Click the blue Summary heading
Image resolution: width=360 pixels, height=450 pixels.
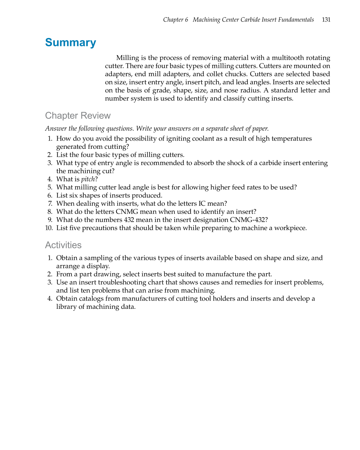pyautogui.click(x=70, y=43)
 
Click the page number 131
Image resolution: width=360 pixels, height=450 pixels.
pyautogui.click(x=326, y=20)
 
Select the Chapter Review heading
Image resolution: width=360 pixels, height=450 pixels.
pyautogui.click(x=78, y=116)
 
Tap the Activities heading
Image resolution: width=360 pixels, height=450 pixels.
pyautogui.click(x=63, y=245)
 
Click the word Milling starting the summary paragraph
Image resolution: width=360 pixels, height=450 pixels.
pyautogui.click(x=127, y=58)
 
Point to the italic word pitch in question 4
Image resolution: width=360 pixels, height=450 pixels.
pyautogui.click(x=88, y=179)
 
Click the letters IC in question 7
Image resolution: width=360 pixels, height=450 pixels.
pyautogui.click(x=202, y=204)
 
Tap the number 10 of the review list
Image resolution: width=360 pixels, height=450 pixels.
pyautogui.click(x=49, y=228)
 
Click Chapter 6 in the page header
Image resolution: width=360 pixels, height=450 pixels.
pyautogui.click(x=175, y=20)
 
